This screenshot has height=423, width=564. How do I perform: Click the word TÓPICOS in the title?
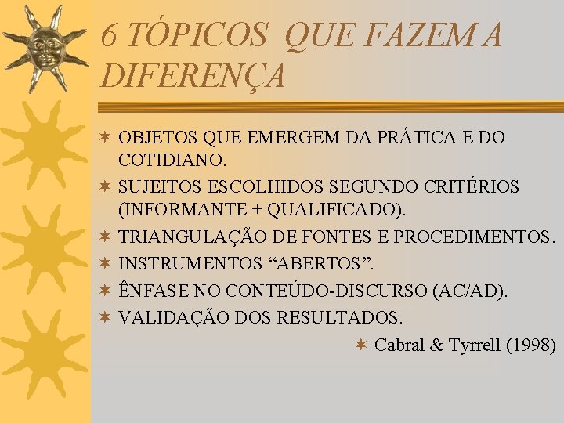198,36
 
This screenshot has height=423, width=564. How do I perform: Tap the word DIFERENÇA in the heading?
193,76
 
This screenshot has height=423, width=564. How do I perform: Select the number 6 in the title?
110,36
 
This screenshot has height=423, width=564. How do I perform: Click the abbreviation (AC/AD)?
468,291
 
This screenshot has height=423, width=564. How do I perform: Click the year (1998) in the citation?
531,345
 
